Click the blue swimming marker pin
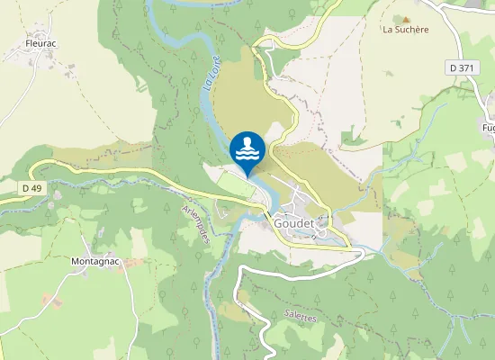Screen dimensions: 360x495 click(x=247, y=148)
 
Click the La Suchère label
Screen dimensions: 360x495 click(x=405, y=29)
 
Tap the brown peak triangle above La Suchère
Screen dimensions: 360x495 click(x=406, y=18)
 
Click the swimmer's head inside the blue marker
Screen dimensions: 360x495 click(x=247, y=141)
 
